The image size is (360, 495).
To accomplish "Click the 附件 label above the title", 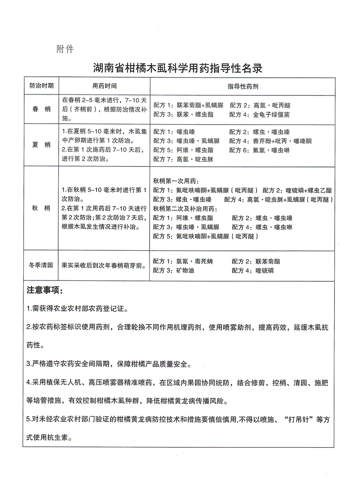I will click(65, 49).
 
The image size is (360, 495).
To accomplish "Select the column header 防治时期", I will click(41, 86).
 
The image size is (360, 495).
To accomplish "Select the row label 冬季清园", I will click(41, 265).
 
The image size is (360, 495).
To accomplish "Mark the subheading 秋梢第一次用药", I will click(175, 181).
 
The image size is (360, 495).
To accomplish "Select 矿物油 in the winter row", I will click(185, 270).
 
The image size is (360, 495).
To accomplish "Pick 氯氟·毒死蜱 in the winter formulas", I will click(195, 261).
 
